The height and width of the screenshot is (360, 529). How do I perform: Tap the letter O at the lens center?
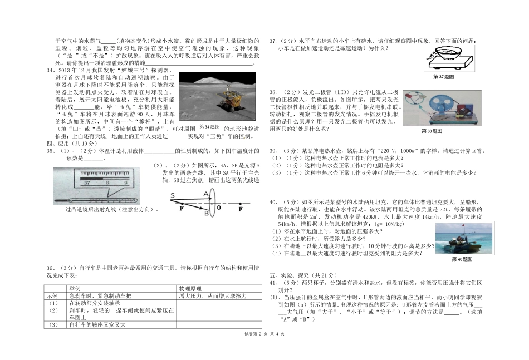click(219, 207)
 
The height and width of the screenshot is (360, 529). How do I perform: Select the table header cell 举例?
click(75, 289)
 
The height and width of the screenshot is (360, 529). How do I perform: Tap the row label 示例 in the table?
click(53, 296)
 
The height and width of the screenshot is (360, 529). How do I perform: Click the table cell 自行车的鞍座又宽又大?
click(97, 324)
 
